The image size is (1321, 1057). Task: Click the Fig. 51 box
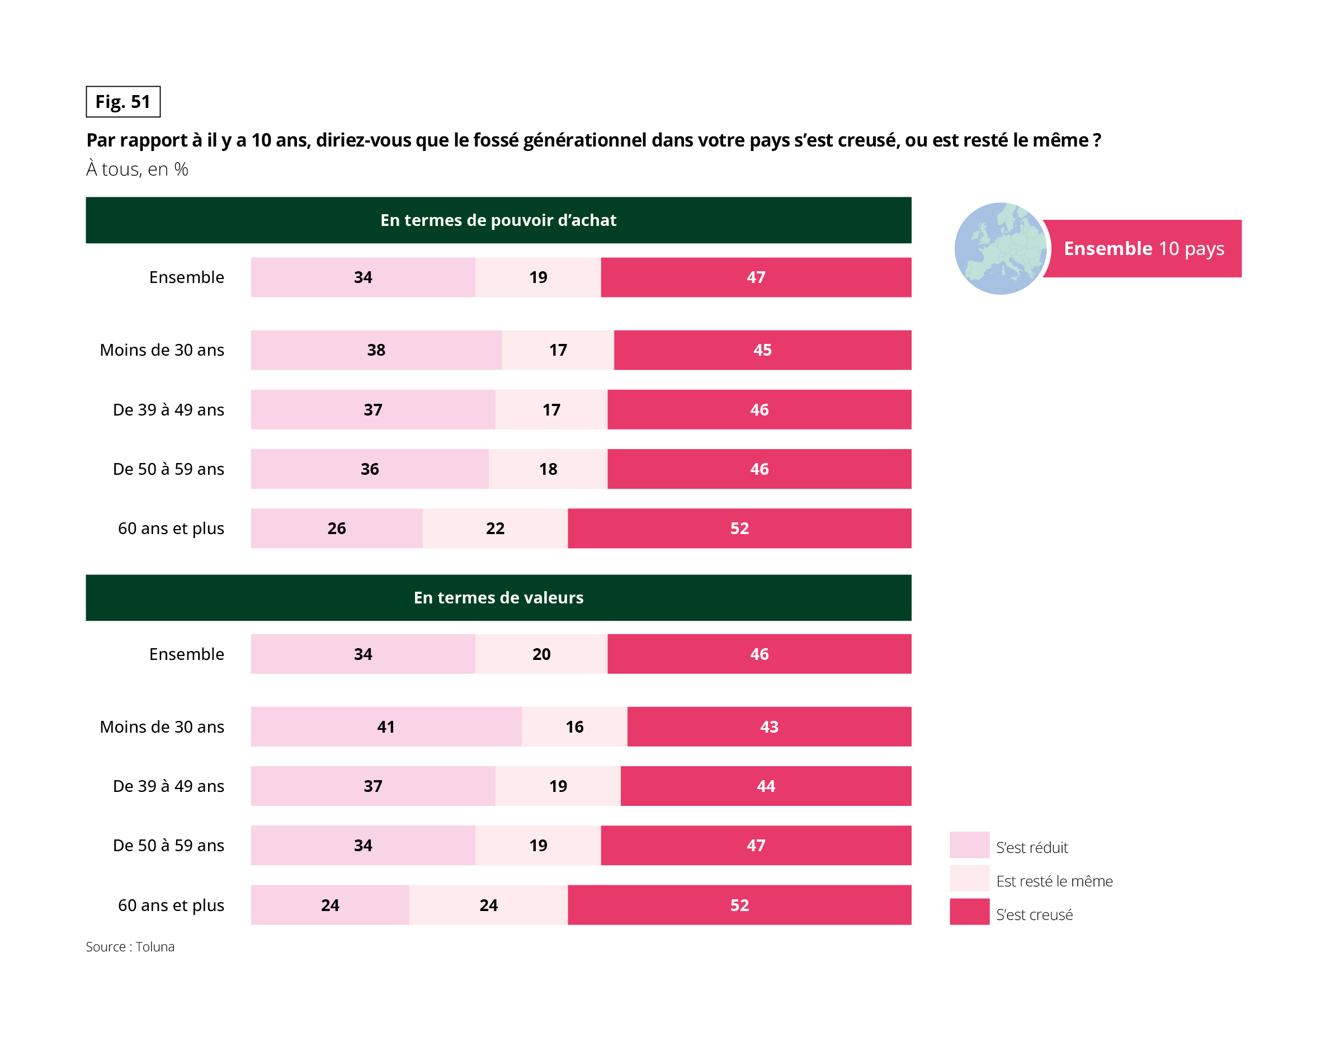[122, 102]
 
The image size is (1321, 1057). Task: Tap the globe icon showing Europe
[1000, 248]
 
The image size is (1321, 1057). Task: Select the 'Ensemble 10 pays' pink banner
[1143, 248]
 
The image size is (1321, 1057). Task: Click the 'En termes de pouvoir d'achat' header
[498, 220]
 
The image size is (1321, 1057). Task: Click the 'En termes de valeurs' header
[498, 597]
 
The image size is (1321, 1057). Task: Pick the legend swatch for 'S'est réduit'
[969, 845]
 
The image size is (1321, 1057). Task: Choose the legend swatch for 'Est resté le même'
[969, 879]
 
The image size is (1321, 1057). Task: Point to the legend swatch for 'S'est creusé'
[969, 912]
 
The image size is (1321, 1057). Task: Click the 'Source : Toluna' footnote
[130, 947]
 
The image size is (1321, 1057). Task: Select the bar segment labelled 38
[376, 350]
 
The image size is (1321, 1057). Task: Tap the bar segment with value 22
[495, 528]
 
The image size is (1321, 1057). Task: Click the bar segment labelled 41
[386, 726]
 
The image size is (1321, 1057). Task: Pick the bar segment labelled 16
[574, 726]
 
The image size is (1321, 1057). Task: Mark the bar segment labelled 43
[769, 726]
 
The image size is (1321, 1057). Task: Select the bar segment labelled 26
[336, 528]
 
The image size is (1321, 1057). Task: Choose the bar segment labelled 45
[762, 350]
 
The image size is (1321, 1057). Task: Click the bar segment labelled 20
[541, 654]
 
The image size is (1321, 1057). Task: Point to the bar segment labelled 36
[370, 469]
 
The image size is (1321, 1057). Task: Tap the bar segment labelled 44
[766, 786]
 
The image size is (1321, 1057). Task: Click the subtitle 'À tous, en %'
[137, 169]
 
